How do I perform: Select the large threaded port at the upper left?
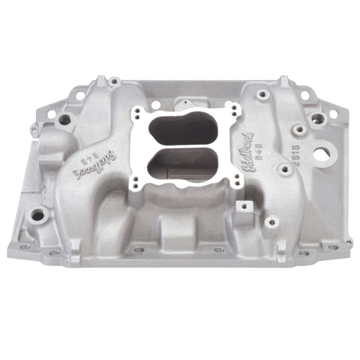tap(64, 119)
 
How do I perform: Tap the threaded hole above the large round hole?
tap(319, 119)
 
